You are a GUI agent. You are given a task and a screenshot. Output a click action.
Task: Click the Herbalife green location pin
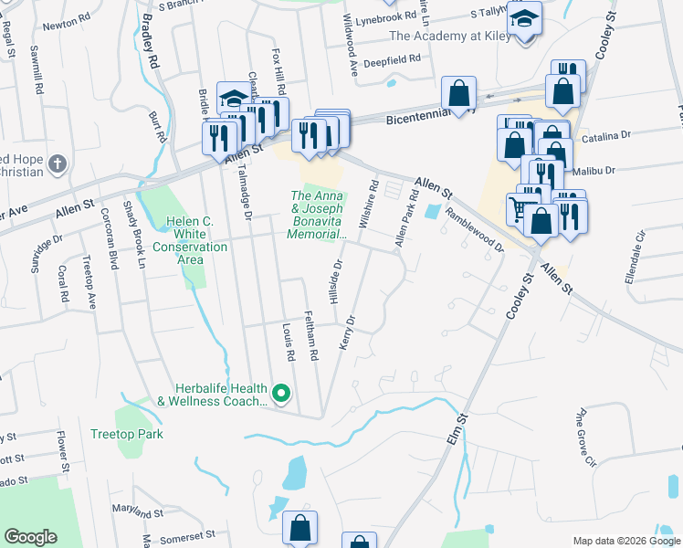(x=281, y=394)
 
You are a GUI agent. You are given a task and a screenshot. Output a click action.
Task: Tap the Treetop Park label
(x=127, y=434)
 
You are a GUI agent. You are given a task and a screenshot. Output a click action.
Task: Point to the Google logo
(x=30, y=537)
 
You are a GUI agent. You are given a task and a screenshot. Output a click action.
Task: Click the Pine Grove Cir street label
(x=584, y=437)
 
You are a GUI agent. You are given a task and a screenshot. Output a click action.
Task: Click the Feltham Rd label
(x=311, y=340)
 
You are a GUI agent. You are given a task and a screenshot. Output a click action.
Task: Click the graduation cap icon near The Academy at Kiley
(x=525, y=18)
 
